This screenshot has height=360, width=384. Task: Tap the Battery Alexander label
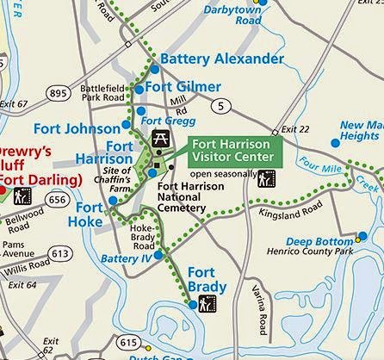point(221,59)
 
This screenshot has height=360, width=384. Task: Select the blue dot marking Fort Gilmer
point(139,88)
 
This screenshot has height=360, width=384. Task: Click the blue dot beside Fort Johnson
point(127,124)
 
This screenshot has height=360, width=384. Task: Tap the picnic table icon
point(159,138)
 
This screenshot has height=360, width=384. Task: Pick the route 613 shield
point(60,254)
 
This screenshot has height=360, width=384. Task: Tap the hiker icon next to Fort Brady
point(207,302)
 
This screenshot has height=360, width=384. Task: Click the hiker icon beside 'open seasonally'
point(267,178)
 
